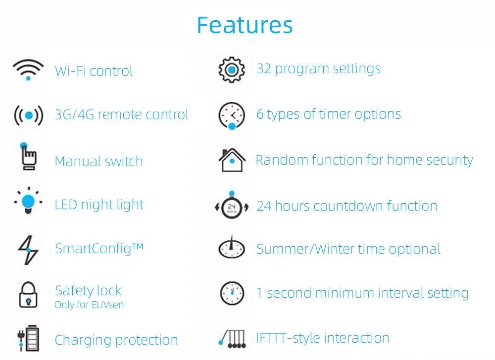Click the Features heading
[x=245, y=25]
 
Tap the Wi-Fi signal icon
[x=28, y=69]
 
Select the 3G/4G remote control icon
[x=28, y=115]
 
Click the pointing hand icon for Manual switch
[x=28, y=157]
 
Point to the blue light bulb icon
[x=29, y=202]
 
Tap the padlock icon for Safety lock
[x=28, y=294]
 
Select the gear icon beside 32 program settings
[x=231, y=70]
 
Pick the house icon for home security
[x=232, y=160]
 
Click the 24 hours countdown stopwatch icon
[x=232, y=205]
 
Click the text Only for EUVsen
[x=89, y=305]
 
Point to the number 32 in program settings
[x=264, y=69]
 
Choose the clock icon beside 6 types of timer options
[x=232, y=115]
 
